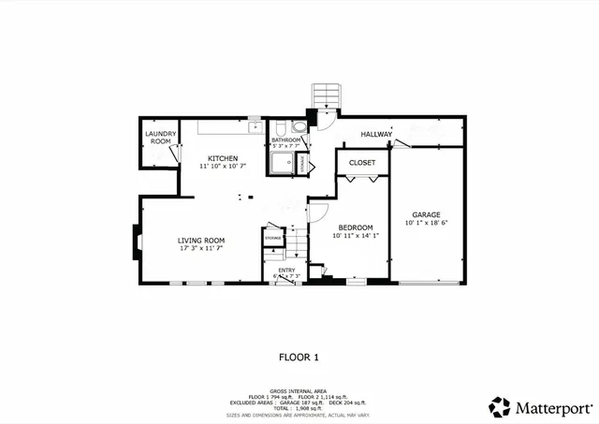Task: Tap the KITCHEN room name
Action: [x=223, y=157]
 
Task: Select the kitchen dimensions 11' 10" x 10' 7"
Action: [x=223, y=166]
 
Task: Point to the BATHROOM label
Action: [x=285, y=139]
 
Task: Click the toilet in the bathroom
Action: [x=299, y=128]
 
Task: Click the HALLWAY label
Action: [x=376, y=135]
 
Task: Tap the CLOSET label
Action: [x=362, y=163]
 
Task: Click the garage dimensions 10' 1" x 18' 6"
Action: [x=427, y=223]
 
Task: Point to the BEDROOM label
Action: [x=356, y=227]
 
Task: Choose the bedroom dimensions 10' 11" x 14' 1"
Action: [x=356, y=236]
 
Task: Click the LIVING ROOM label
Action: [x=201, y=241]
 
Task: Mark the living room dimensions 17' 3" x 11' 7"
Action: [x=201, y=249]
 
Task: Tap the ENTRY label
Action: [x=285, y=270]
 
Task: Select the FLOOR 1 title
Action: [x=299, y=357]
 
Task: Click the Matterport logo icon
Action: [x=500, y=407]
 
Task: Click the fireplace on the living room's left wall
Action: [x=138, y=244]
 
